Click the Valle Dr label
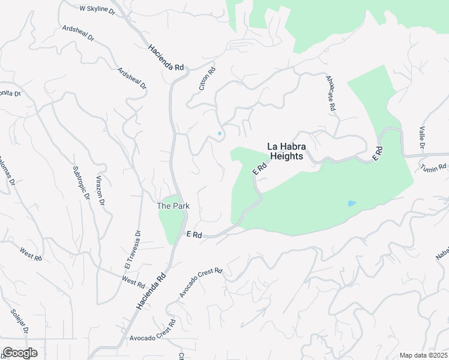pos(422,137)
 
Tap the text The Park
pos(173,206)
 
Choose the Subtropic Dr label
pos(80,182)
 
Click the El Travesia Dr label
pos(132,250)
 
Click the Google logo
pos(20,353)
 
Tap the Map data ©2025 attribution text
pos(423,355)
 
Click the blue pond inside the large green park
pos(351,203)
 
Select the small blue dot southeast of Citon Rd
pos(220,133)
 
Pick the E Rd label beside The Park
pos(193,234)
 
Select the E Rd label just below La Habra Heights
pos(259,168)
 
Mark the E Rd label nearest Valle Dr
pos(378,152)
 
